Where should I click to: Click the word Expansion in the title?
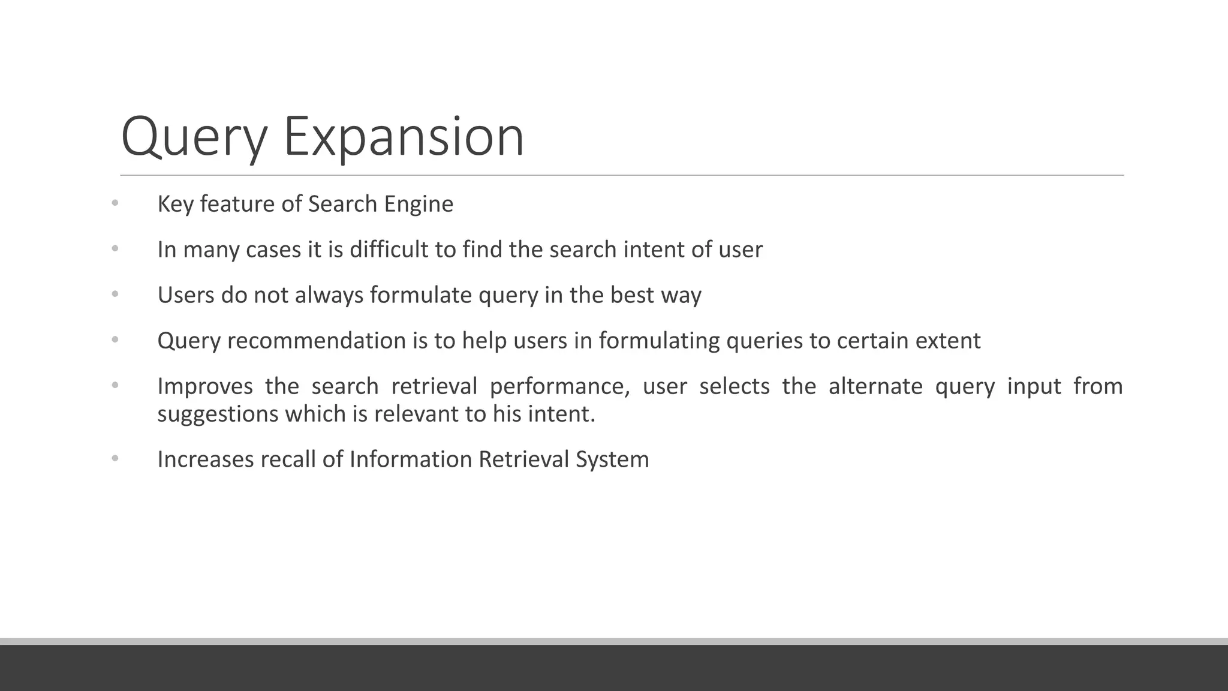tap(404, 137)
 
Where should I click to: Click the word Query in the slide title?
tap(194, 138)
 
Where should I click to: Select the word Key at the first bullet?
tap(175, 205)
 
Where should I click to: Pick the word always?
tap(329, 296)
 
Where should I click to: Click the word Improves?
tap(205, 387)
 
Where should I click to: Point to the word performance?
tap(559, 387)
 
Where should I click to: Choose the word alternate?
tap(875, 386)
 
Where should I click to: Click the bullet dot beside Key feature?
tap(115, 203)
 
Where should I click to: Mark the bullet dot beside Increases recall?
tap(115, 459)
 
